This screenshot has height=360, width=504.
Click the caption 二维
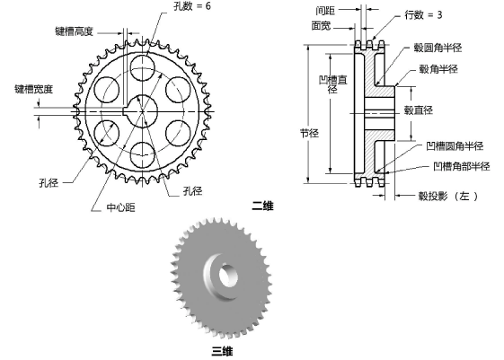(x=262, y=206)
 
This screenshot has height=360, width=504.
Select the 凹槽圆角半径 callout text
(x=455, y=145)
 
